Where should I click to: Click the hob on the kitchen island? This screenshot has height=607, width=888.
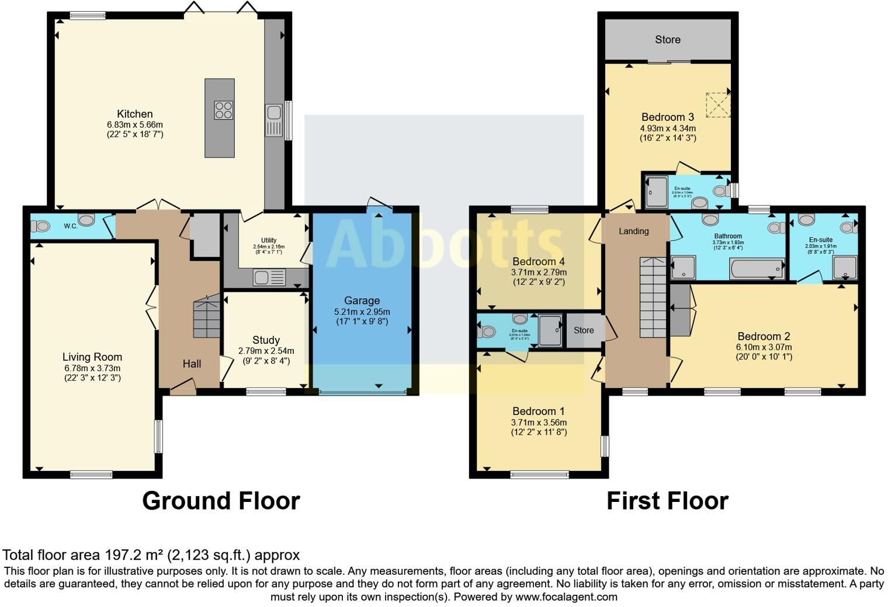223,110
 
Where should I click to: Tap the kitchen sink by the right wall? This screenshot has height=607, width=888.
273,120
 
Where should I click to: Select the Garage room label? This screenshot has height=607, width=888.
362,301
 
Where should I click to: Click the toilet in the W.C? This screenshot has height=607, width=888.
41,226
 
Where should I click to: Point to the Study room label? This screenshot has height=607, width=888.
266,340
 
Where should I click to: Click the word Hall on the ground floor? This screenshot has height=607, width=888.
192,364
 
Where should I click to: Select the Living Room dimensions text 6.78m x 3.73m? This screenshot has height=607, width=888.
92,368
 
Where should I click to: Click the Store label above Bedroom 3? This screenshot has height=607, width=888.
667,40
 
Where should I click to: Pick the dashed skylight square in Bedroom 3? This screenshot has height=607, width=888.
717,105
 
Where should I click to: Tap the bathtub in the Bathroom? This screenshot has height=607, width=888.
757,268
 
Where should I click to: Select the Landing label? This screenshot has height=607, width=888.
634,231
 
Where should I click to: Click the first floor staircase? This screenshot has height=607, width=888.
653,297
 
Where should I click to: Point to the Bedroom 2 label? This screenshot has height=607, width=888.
764,336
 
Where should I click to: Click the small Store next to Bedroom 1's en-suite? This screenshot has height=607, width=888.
584,330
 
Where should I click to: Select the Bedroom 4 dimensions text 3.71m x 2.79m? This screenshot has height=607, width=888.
539,272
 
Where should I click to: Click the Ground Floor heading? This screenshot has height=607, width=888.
221,501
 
